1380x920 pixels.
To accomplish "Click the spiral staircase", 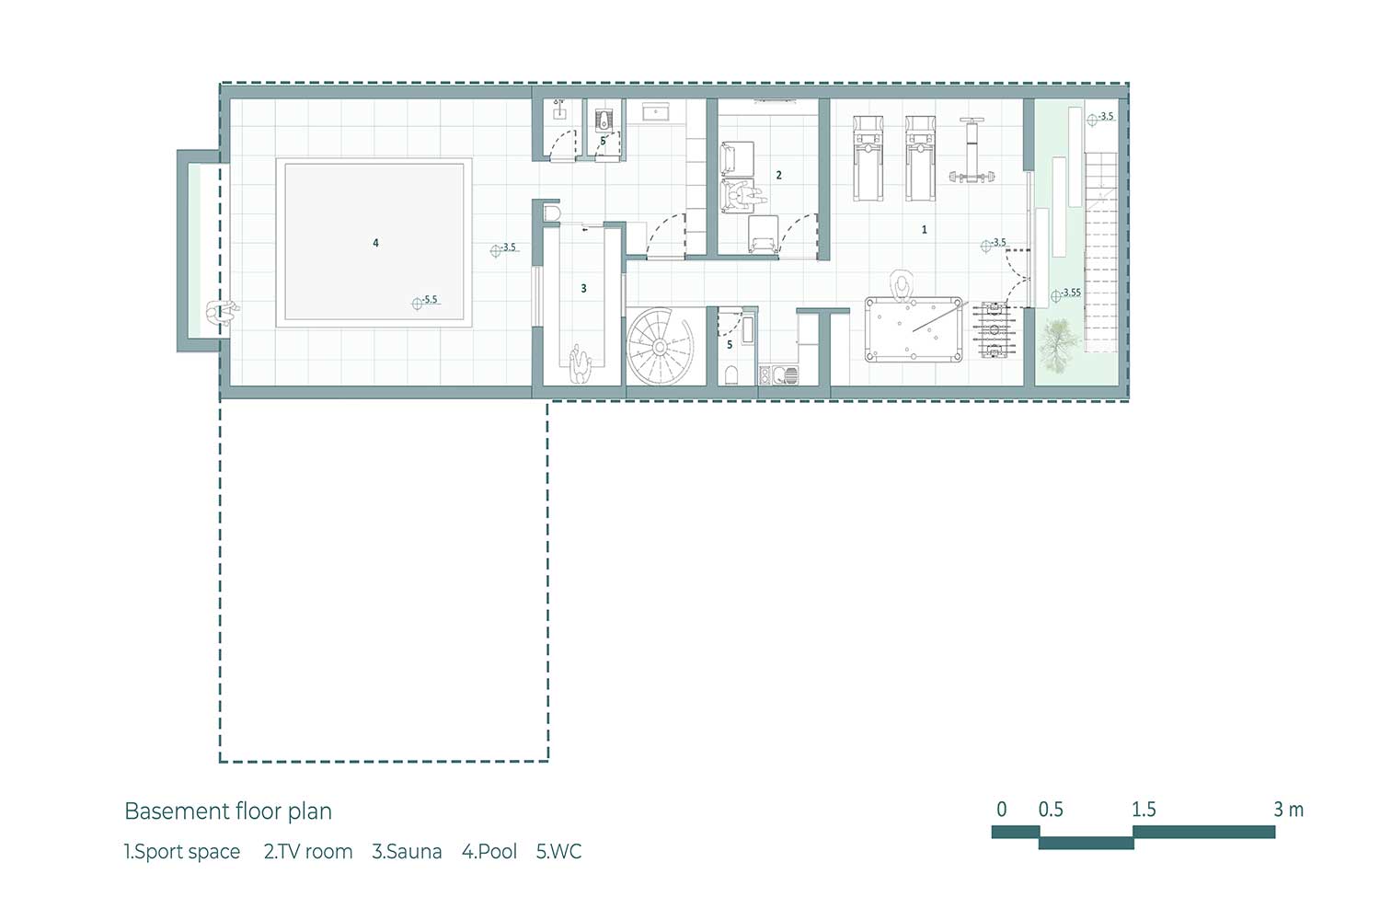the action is click(660, 347).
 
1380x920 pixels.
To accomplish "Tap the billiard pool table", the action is click(914, 329).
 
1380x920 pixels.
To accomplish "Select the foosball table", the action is click(994, 329).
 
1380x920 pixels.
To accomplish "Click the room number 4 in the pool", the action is click(375, 243).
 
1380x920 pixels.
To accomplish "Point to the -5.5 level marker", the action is click(426, 301).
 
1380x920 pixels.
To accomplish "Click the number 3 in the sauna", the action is click(583, 288).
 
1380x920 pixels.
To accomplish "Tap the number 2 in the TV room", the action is click(778, 175).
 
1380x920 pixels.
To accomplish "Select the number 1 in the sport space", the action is click(924, 229).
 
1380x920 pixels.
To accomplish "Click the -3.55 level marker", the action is click(1066, 293).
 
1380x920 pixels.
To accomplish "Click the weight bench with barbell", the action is click(972, 150).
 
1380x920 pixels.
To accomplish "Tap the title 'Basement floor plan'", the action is click(228, 811).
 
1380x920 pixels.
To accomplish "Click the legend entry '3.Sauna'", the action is click(407, 852).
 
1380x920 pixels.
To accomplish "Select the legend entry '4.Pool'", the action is click(489, 852).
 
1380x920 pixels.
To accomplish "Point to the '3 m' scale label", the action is click(1288, 809).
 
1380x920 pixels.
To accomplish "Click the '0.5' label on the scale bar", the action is click(1051, 809).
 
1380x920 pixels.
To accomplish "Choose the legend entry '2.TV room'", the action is click(308, 852).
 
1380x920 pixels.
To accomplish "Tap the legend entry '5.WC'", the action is click(558, 852).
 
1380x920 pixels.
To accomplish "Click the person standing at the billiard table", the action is click(903, 285).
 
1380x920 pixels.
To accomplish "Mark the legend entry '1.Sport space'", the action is click(182, 852).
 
